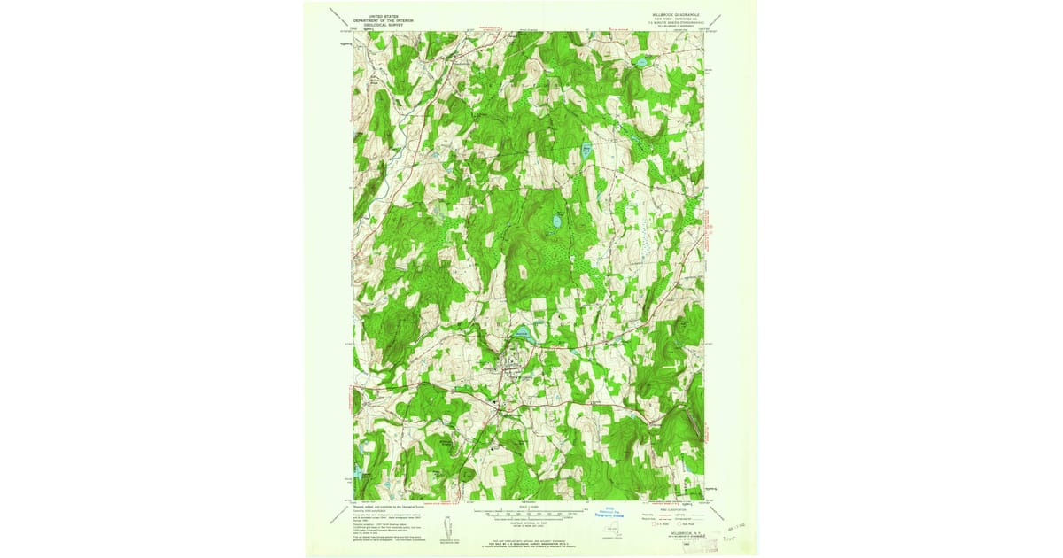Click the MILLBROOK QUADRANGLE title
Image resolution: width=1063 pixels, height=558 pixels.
674,14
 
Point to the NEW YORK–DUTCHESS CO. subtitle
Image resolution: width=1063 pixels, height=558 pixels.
674,19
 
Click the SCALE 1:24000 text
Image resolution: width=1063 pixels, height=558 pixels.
526,507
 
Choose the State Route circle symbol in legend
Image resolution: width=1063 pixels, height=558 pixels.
683,525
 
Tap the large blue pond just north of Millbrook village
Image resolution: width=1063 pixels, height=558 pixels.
522,334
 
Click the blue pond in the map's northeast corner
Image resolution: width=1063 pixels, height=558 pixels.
640,63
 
